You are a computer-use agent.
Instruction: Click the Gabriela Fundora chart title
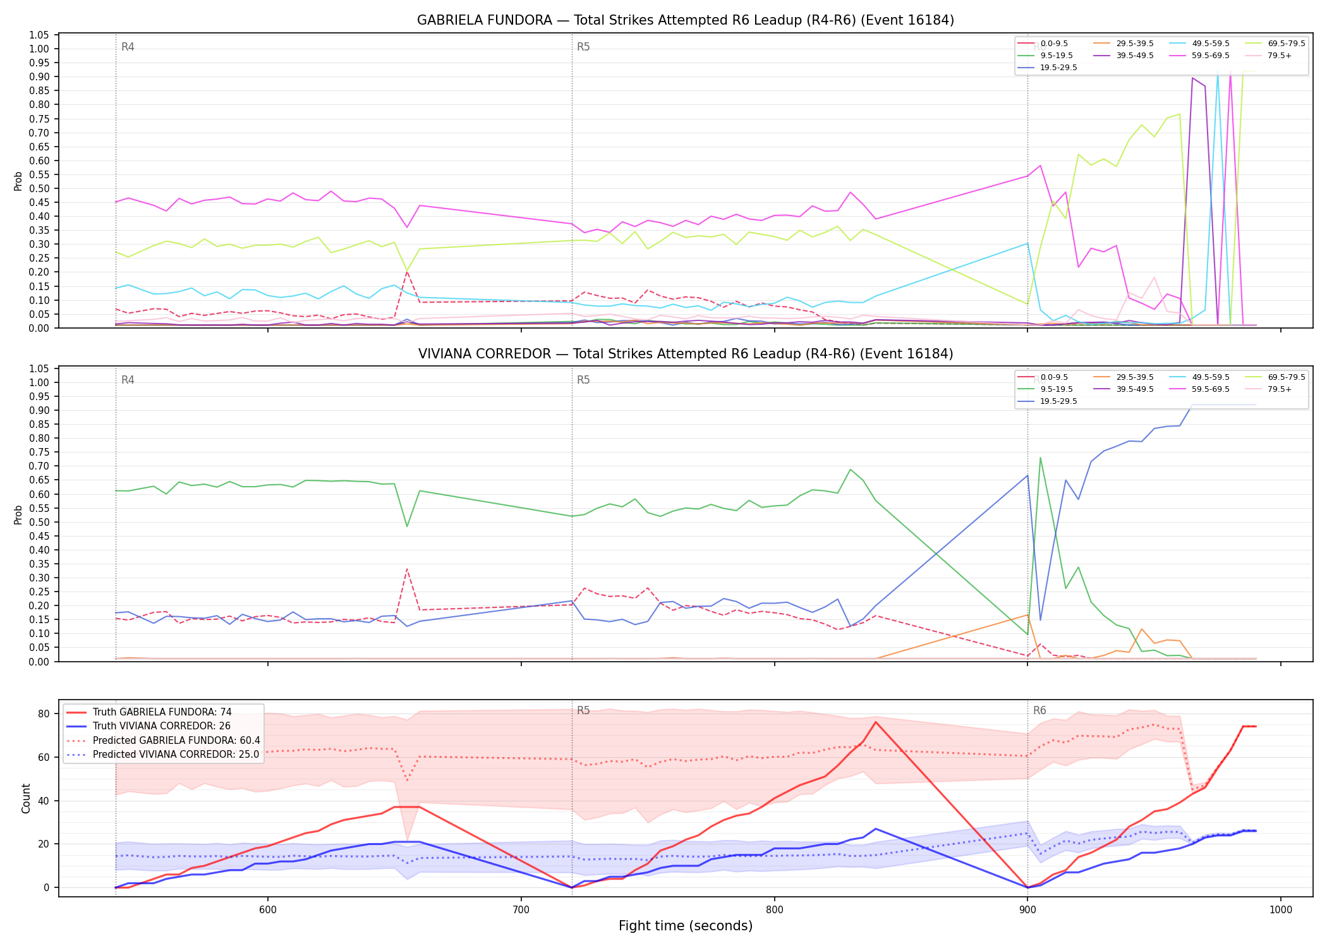click(686, 20)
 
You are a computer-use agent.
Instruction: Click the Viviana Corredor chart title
click(686, 354)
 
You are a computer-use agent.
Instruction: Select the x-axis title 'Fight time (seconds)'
click(686, 926)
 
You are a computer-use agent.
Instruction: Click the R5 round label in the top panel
click(583, 47)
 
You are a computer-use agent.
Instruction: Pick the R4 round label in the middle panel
click(128, 380)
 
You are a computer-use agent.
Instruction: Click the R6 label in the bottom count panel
click(1039, 710)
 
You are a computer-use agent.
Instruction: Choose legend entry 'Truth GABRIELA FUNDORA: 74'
click(162, 712)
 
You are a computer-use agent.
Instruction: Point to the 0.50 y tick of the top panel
click(40, 188)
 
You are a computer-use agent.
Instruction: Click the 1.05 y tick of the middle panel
click(40, 368)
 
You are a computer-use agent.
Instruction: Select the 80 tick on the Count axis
click(44, 714)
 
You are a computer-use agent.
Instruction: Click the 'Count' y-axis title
click(26, 798)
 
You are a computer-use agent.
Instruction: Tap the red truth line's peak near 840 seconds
click(875, 722)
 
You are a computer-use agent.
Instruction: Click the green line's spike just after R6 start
click(1040, 458)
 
